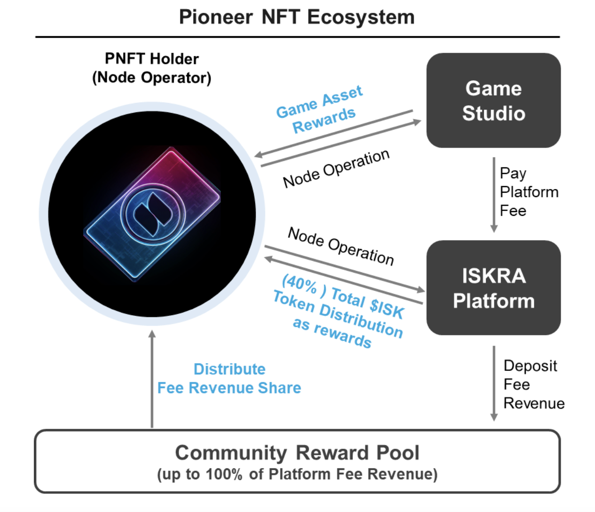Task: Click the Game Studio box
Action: point(493,100)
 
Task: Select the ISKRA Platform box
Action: point(493,288)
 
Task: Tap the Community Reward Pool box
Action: point(297,461)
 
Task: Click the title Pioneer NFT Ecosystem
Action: point(297,17)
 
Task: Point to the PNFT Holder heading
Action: point(151,59)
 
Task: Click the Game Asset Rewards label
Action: point(321,109)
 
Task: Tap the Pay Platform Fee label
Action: point(528,192)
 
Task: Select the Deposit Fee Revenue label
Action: point(533,384)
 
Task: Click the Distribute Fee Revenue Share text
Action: point(229,378)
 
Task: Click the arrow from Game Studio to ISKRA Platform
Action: point(493,194)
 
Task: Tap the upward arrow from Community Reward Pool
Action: point(152,378)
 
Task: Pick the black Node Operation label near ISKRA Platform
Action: point(341,246)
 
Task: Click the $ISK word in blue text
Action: point(386,308)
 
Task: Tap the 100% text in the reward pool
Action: point(224,474)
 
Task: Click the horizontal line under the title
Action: point(297,37)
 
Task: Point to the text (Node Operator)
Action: point(151,78)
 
